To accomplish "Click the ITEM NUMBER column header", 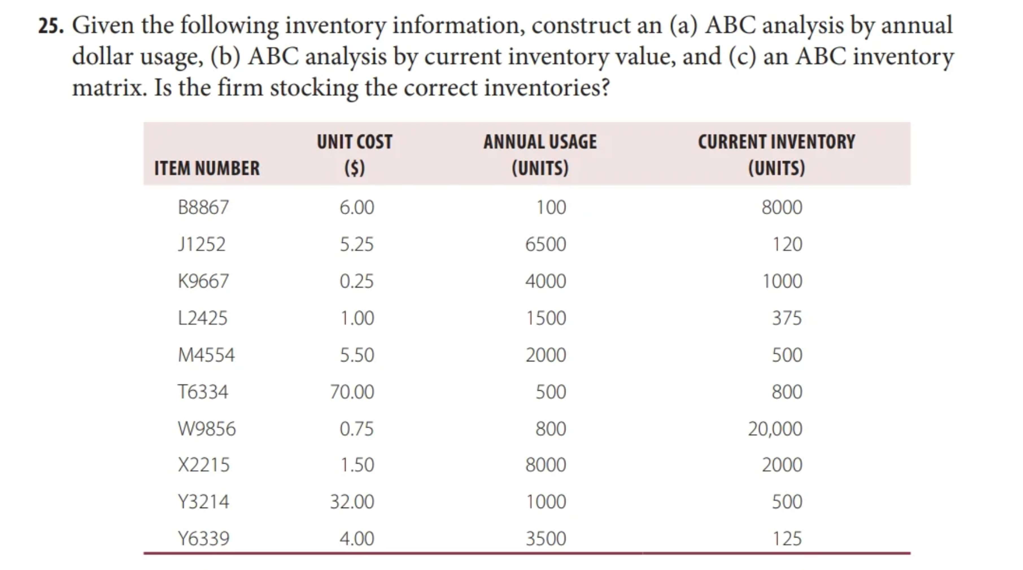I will (207, 168).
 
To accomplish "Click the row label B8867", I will (203, 207).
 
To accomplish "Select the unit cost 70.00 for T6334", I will (352, 392).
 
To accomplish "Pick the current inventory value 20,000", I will (775, 429).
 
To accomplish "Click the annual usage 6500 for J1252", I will (545, 244).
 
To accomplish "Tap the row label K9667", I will (203, 281).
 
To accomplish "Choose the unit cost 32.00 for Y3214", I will (352, 502).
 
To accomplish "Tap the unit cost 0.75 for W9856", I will (356, 429).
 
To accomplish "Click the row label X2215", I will (203, 465).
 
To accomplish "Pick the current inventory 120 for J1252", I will (787, 244).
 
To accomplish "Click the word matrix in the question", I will (109, 88).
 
